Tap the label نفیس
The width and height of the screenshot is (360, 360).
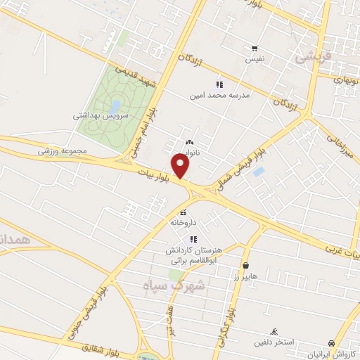pyautogui.click(x=254, y=60)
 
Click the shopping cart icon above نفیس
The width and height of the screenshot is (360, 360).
pyautogui.click(x=254, y=49)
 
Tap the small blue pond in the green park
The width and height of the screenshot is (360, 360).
pyautogui.click(x=115, y=105)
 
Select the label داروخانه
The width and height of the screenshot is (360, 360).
pyautogui.click(x=183, y=222)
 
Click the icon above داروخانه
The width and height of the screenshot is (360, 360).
pyautogui.click(x=183, y=212)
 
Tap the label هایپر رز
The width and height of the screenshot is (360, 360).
pyautogui.click(x=247, y=276)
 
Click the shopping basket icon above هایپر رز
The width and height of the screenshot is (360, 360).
pyautogui.click(x=246, y=265)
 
